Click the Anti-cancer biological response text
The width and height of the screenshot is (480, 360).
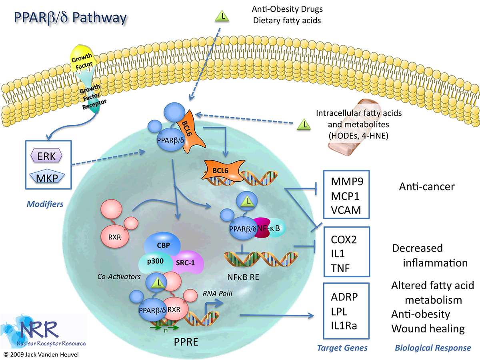point(427,186)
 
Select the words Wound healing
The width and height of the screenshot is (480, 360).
point(428,329)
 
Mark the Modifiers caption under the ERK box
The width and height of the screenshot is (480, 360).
point(45,204)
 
